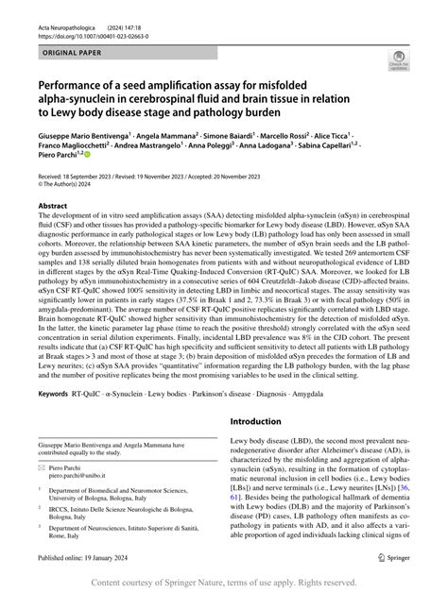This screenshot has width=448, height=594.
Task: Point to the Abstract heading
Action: (53, 204)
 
